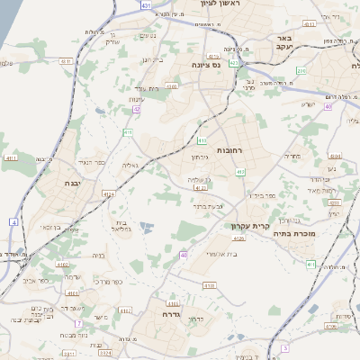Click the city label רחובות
(x=230, y=150)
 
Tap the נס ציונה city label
(x=207, y=66)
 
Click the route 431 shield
(x=147, y=5)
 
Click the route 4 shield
(x=14, y=220)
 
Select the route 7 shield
(x=78, y=322)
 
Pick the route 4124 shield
(x=109, y=193)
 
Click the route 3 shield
(x=284, y=346)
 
